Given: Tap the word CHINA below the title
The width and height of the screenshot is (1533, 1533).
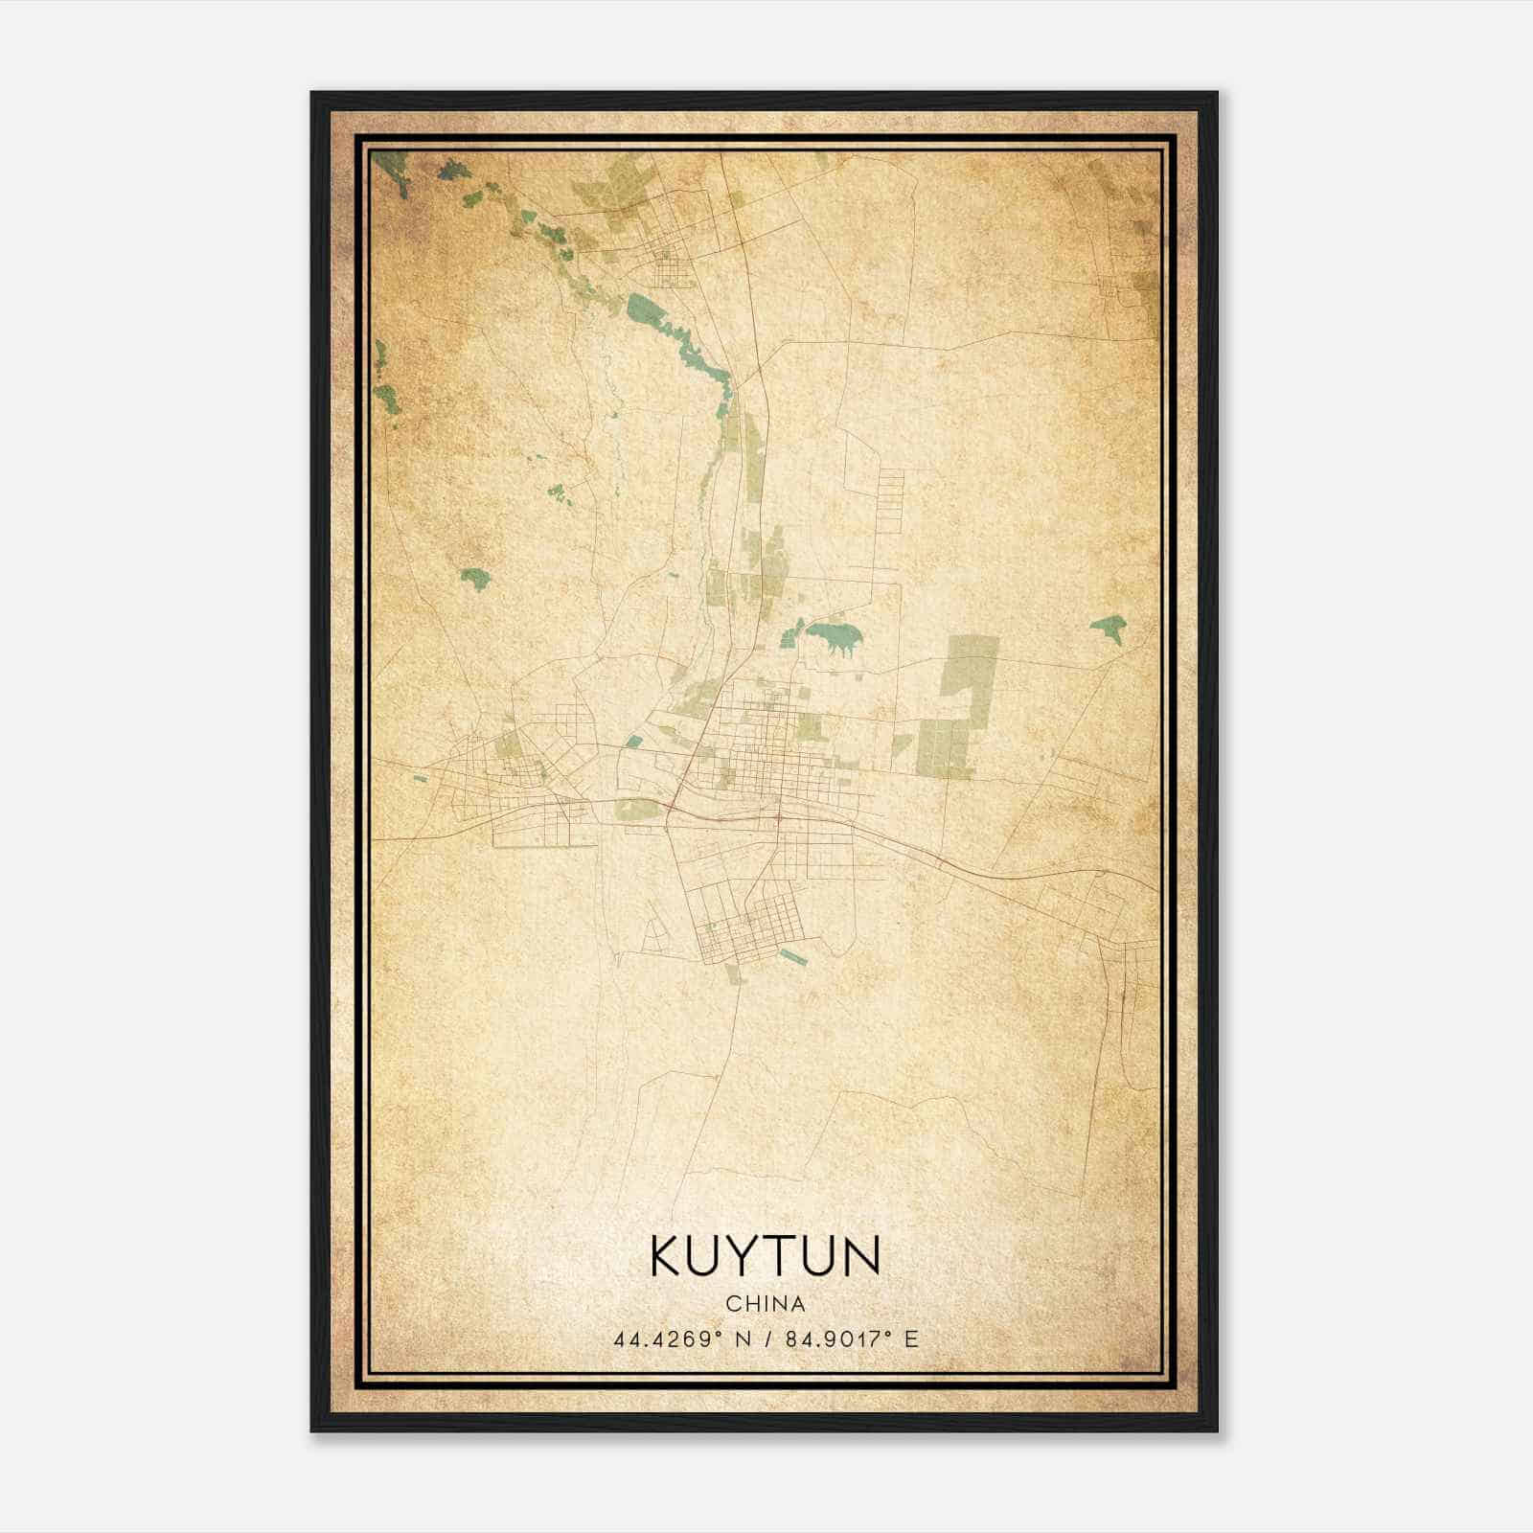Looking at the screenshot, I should click(766, 1303).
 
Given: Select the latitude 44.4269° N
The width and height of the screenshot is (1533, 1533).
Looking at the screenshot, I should click(680, 1339).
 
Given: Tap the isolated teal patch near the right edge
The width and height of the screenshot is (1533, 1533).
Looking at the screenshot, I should click(1109, 629).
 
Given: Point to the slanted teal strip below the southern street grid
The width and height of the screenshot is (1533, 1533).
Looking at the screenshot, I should click(793, 955).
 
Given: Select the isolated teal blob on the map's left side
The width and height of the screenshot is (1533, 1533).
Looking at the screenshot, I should click(474, 578).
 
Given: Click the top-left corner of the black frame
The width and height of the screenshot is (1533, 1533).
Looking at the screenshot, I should click(312, 94).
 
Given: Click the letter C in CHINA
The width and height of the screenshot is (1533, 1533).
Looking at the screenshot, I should click(732, 1303).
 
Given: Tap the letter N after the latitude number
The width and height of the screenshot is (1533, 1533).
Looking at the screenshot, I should click(743, 1339).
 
